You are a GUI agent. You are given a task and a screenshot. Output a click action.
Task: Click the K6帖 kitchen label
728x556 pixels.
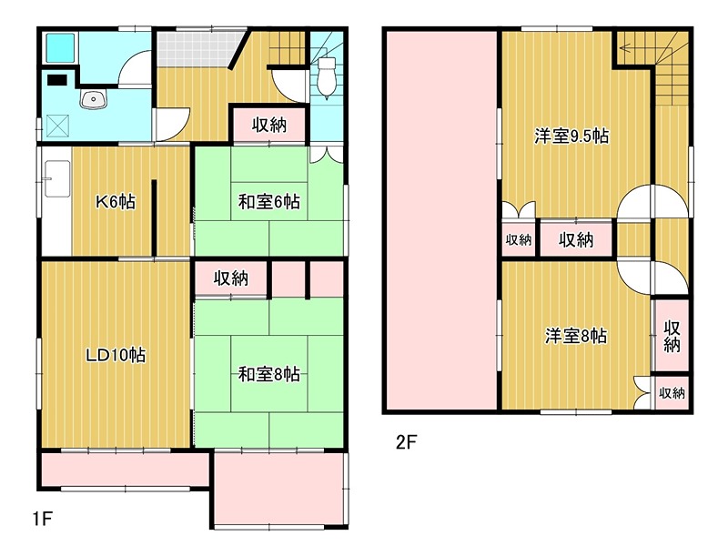116,201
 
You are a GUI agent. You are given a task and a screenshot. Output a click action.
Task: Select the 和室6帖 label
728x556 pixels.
270,201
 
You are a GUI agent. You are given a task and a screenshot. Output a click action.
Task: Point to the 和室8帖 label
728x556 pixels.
270,373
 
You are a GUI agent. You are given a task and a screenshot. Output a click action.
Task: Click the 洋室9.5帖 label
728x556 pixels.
571,136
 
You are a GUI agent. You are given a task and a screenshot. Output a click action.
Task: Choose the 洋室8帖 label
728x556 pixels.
576,336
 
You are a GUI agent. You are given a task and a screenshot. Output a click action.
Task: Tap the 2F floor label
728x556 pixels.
405,443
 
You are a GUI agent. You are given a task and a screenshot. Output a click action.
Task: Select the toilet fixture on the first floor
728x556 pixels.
328,73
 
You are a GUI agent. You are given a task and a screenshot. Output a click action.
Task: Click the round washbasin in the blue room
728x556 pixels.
91,101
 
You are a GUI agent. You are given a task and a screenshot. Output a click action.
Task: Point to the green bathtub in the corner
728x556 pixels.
59,46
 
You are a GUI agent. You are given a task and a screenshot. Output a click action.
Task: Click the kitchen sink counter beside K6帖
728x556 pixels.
56,182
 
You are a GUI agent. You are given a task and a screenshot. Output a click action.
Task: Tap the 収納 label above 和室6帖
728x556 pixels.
270,125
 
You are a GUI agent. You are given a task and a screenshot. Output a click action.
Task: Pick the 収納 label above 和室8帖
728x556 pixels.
232,278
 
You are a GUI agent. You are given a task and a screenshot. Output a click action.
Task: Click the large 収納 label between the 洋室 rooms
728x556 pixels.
576,240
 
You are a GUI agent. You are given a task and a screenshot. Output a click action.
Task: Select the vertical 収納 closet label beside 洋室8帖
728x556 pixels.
672,336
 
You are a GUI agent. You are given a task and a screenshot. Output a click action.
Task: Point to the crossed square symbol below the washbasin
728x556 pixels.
56,125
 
